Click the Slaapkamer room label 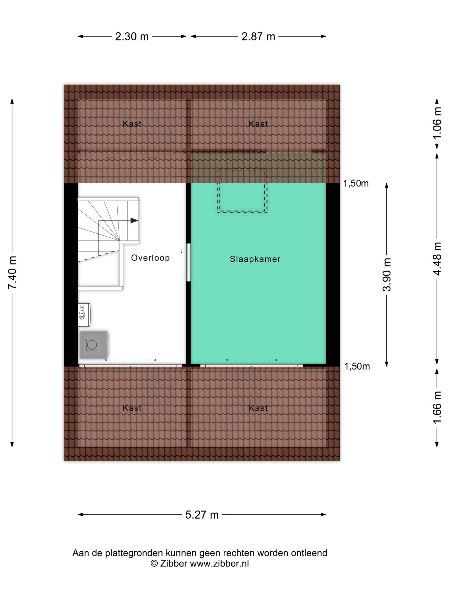pos(255,259)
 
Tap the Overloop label pos(150,258)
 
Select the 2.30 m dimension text pos(132,37)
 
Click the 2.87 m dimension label pos(258,37)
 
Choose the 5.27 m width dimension pos(202,515)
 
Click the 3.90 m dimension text pos(387,275)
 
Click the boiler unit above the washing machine pos(84,315)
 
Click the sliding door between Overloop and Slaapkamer pos(188,262)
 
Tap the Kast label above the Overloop pos(132,124)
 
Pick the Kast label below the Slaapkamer pos(258,408)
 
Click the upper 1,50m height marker pos(356,183)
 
